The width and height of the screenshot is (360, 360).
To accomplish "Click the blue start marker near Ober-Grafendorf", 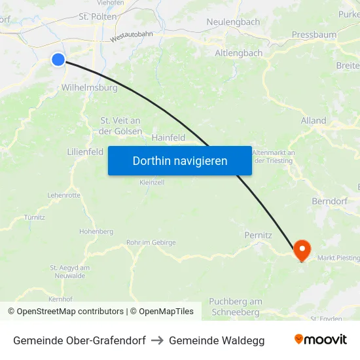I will (58, 60).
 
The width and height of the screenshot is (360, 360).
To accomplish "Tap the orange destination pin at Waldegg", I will (302, 249).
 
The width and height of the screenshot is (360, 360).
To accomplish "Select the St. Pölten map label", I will (98, 16).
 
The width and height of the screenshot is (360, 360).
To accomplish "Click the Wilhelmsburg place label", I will (89, 87).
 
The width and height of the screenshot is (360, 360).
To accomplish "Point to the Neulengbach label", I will (233, 22).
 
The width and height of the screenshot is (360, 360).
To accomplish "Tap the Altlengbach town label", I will (239, 53).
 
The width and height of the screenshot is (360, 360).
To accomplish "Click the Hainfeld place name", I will (168, 137).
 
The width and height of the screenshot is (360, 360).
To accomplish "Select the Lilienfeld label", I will (85, 151).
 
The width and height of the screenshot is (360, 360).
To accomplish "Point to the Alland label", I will (313, 120).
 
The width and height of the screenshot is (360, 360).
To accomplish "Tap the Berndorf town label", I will (330, 201).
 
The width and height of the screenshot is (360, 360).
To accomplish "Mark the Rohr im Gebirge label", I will (151, 242).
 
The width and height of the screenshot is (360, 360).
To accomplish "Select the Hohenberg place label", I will (96, 231).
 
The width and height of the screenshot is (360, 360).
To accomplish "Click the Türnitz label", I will (34, 217).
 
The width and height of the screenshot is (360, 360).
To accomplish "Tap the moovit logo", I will (321, 339).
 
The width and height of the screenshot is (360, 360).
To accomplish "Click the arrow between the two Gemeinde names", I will (157, 340).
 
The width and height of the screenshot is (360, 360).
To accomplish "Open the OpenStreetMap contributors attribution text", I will (70, 312).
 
